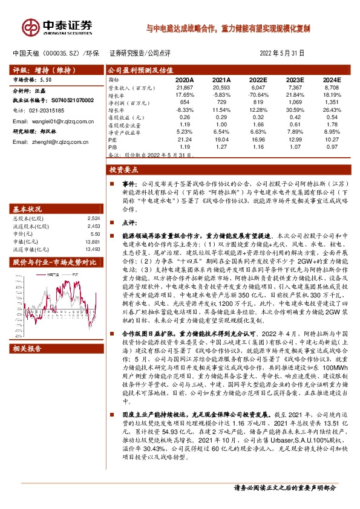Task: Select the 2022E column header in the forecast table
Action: [x=257, y=80]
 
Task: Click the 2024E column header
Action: [x=332, y=80]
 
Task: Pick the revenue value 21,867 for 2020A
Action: [x=184, y=88]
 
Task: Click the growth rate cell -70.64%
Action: [x=257, y=96]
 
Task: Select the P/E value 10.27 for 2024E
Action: [x=333, y=138]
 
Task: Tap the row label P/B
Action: [x=113, y=146]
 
